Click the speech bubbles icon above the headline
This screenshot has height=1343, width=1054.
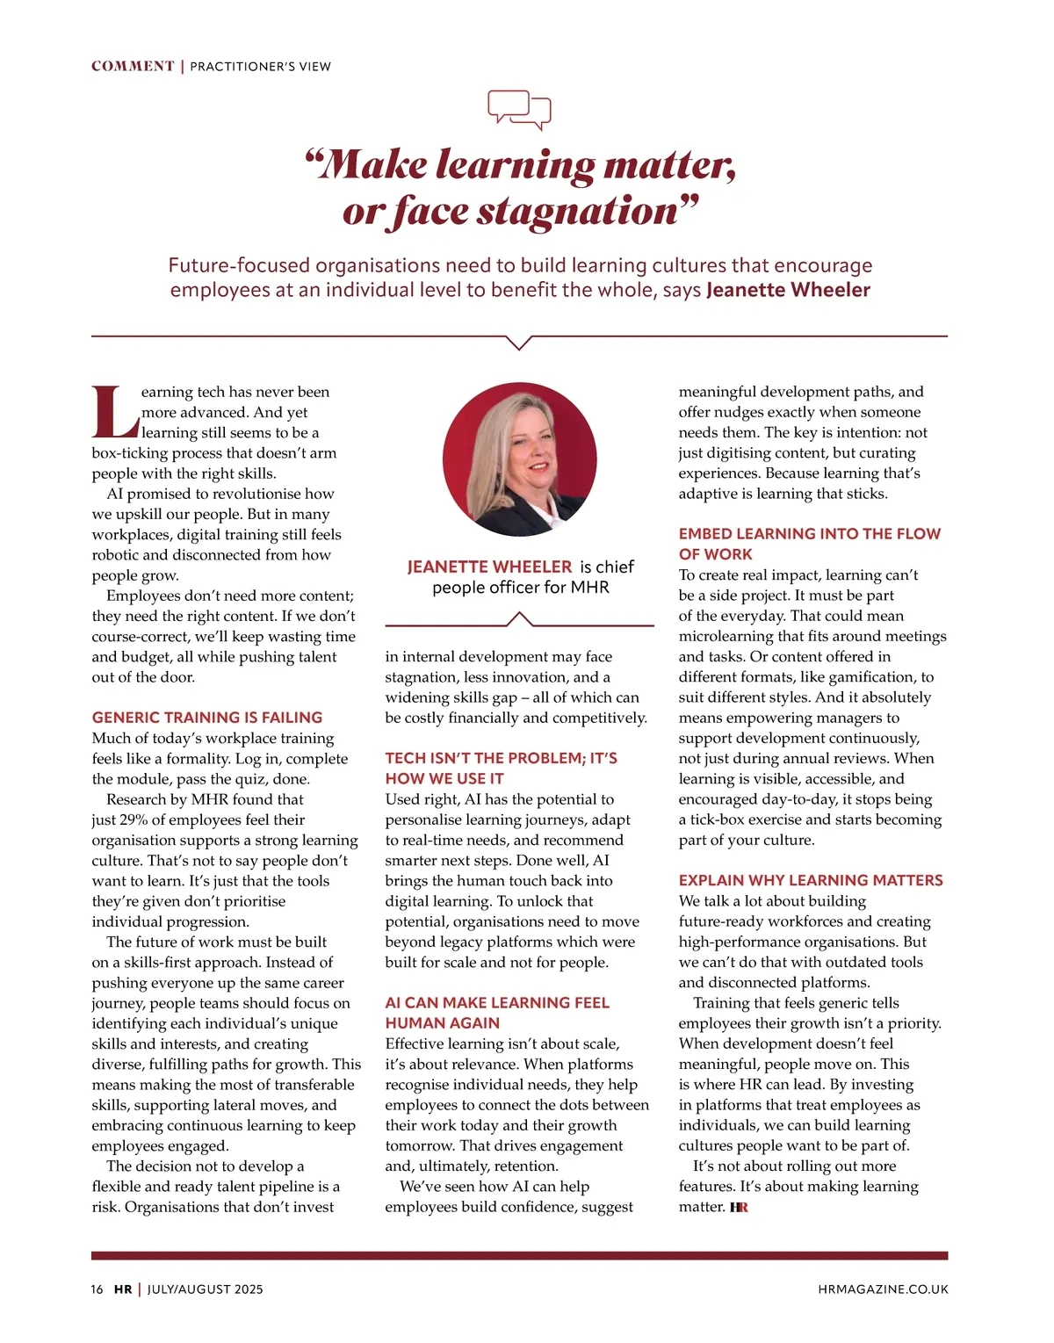pyautogui.click(x=519, y=110)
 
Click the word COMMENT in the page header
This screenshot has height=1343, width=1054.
pyautogui.click(x=133, y=67)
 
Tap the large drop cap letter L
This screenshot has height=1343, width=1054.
pyautogui.click(x=115, y=413)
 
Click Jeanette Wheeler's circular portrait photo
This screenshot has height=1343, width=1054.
pyautogui.click(x=520, y=459)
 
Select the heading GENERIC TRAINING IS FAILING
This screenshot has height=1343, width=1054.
pyautogui.click(x=207, y=718)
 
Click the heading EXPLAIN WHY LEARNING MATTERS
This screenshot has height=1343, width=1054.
pyautogui.click(x=811, y=880)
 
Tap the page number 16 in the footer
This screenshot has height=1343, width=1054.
pyautogui.click(x=97, y=1289)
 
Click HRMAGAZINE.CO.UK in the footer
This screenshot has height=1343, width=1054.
pyautogui.click(x=883, y=1289)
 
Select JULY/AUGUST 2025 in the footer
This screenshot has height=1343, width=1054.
pyautogui.click(x=206, y=1289)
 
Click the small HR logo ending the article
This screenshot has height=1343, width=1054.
pyautogui.click(x=739, y=1208)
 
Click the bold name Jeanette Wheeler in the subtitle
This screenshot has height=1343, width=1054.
pyautogui.click(x=788, y=290)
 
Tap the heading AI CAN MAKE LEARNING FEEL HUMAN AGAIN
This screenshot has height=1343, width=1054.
pyautogui.click(x=497, y=1013)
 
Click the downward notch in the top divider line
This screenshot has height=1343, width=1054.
pyautogui.click(x=520, y=342)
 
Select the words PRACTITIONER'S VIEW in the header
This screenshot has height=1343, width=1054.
pyautogui.click(x=261, y=67)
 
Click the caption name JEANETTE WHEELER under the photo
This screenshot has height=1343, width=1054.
pyautogui.click(x=489, y=567)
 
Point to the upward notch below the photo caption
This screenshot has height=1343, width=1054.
pyautogui.click(x=520, y=619)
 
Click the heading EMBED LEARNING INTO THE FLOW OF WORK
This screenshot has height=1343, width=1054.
pyautogui.click(x=809, y=544)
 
